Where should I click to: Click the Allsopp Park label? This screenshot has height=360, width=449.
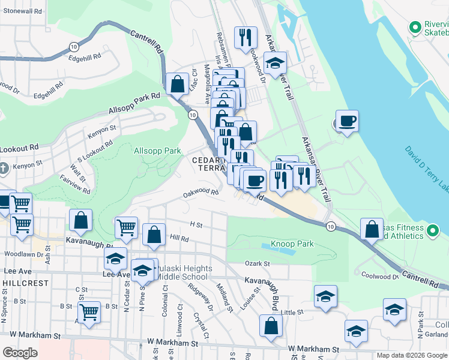(x=157, y=151)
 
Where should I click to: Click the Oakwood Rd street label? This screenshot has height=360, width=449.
(x=200, y=193)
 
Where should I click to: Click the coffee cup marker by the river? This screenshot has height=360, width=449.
(x=347, y=122)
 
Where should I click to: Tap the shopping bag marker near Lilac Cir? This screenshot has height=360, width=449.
(x=178, y=85)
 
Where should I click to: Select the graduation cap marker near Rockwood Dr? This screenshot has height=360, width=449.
(x=275, y=63)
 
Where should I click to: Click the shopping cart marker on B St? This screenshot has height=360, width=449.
(x=89, y=312)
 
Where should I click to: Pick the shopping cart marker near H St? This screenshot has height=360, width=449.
(x=126, y=228)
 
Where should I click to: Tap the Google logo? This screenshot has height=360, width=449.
(x=20, y=353)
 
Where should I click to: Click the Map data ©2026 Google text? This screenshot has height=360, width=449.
(x=411, y=355)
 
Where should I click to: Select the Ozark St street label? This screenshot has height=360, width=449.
(x=258, y=263)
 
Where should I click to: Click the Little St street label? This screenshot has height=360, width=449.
(x=292, y=313)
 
